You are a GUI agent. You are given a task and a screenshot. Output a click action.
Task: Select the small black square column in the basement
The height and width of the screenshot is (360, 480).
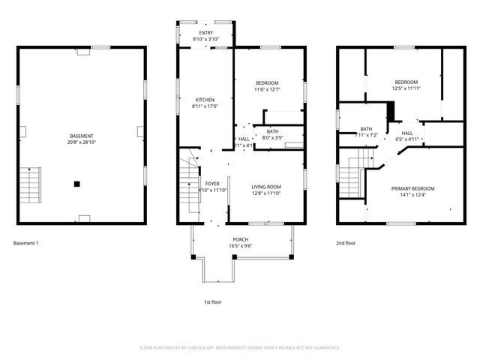[x=76, y=183]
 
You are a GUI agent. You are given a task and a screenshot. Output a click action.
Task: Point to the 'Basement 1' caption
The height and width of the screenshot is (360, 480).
[x=26, y=243]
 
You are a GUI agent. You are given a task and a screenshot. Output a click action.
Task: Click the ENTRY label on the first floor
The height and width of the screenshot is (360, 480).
[x=205, y=33]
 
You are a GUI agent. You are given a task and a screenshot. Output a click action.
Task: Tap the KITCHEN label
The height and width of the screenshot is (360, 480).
[x=205, y=100]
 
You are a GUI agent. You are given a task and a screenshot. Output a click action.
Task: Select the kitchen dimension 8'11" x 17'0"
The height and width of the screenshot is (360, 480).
[x=205, y=106]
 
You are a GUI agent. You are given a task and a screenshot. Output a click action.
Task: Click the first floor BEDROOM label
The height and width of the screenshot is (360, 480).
[x=266, y=82]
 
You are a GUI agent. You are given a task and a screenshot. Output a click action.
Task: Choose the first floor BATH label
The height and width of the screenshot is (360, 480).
[x=272, y=131]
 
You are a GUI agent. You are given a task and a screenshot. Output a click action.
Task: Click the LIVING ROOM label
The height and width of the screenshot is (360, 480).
[x=265, y=187]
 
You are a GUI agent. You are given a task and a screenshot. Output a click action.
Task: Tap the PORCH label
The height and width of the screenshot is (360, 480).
[x=240, y=239]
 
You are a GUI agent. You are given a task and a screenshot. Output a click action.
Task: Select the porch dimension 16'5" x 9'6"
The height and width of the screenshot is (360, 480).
[x=240, y=245]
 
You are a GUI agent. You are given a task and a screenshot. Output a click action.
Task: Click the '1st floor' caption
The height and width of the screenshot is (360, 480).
[x=213, y=301]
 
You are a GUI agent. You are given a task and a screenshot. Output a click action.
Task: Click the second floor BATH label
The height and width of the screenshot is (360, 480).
[x=366, y=129]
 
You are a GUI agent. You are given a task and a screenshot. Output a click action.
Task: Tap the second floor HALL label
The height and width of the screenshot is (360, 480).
[x=407, y=132]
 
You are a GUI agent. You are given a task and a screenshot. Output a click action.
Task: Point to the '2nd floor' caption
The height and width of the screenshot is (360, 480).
[x=346, y=243]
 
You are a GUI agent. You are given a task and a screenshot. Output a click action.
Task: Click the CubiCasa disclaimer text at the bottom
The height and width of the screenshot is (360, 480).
[x=240, y=347]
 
